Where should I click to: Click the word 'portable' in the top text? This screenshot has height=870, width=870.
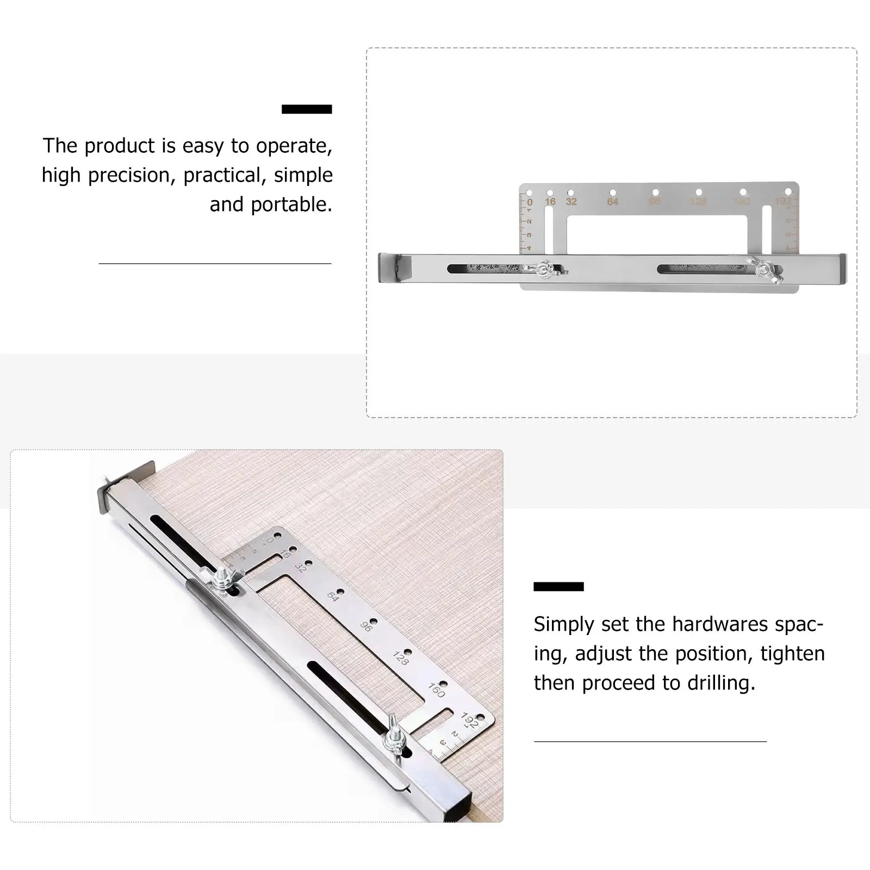[290, 205]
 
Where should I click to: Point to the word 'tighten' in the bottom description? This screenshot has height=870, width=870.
[792, 654]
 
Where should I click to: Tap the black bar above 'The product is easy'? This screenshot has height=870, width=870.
[307, 109]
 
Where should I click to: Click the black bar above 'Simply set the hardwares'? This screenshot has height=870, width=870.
[558, 586]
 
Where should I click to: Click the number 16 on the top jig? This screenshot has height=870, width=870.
[550, 202]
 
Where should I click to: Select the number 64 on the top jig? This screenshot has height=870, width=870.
[613, 202]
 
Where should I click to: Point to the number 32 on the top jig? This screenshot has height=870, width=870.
[571, 202]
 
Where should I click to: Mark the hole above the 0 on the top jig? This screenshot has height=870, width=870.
[529, 193]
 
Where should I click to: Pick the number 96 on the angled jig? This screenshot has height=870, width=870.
[366, 626]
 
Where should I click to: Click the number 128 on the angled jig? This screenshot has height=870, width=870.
[400, 658]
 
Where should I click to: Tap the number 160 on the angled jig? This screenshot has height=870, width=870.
[436, 691]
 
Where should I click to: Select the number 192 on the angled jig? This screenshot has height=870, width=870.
[469, 721]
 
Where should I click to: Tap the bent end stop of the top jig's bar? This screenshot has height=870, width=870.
[395, 268]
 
